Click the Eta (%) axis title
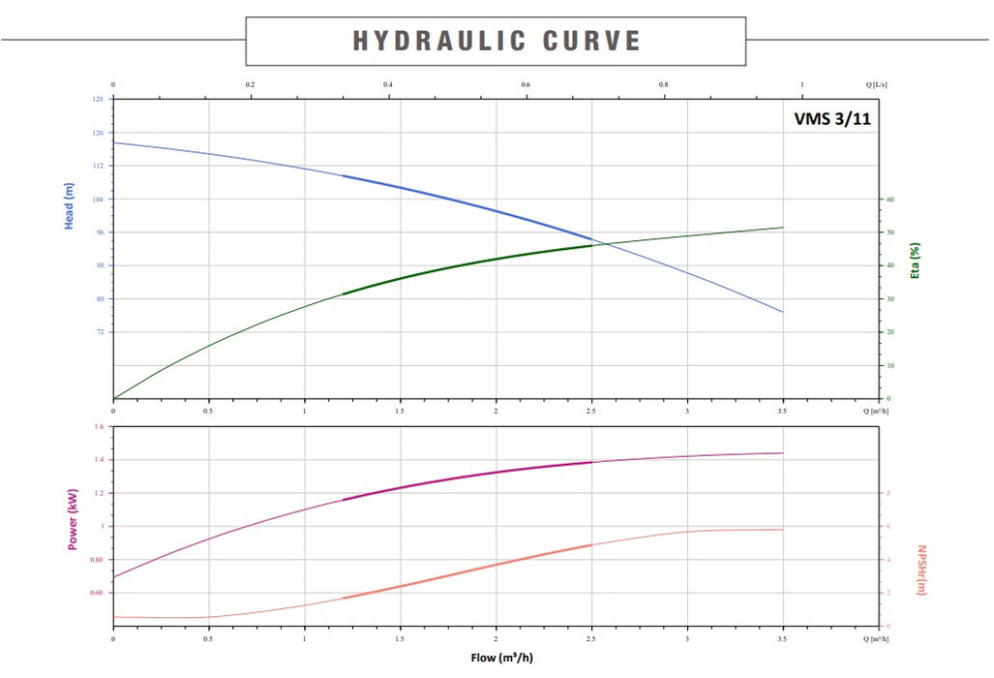(915, 260)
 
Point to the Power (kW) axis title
(72, 518)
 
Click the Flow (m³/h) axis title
(501, 658)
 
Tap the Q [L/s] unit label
(877, 85)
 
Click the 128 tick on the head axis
(97, 100)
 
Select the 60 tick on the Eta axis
(890, 200)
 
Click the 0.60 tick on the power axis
(96, 593)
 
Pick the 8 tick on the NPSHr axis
(889, 493)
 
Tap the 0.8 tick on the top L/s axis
(663, 85)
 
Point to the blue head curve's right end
(782, 312)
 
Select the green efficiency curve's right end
(782, 228)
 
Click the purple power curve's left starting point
(114, 577)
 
